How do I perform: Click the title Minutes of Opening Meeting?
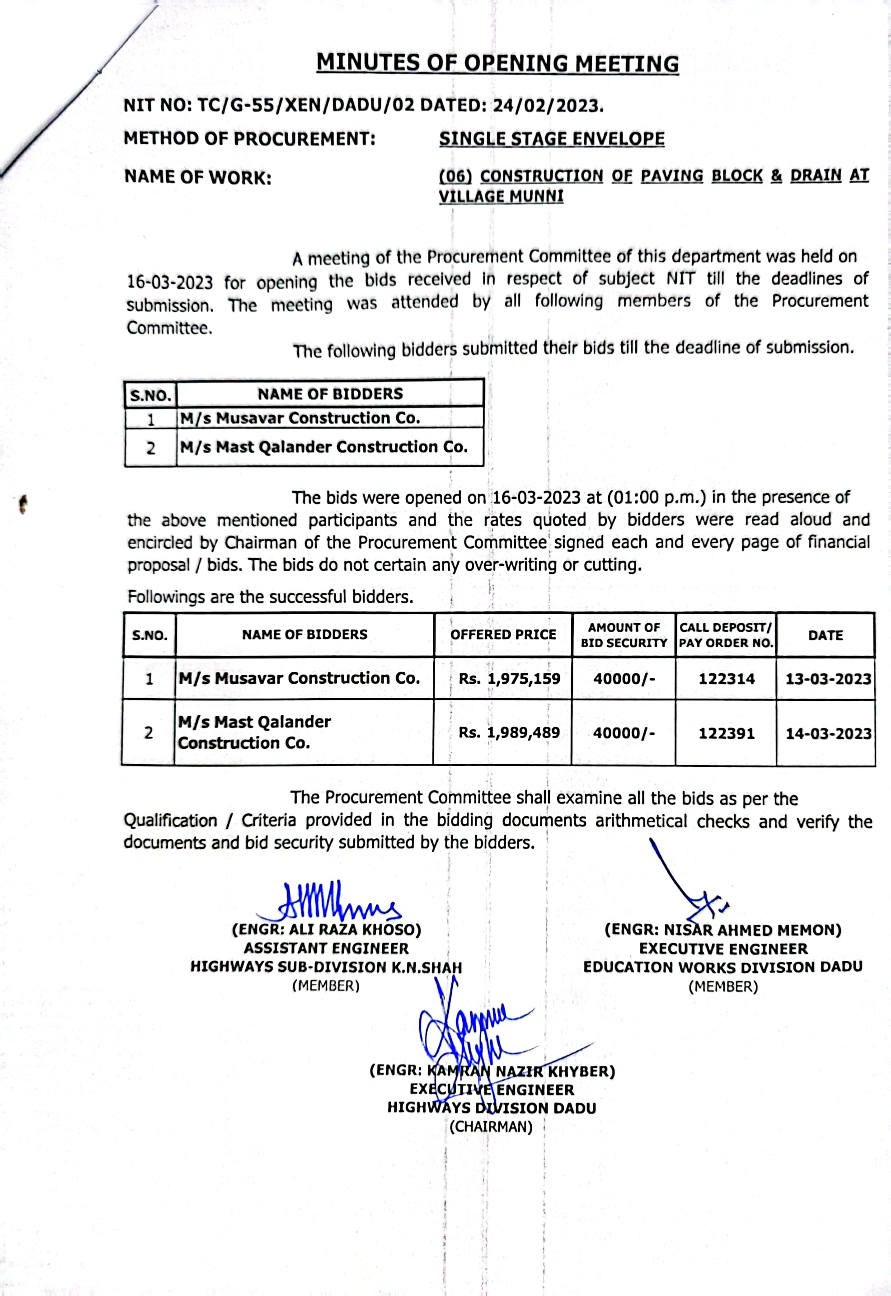tap(497, 63)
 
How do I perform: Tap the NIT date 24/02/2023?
tap(547, 106)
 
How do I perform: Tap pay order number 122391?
tap(727, 733)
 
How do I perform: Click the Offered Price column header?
tap(503, 634)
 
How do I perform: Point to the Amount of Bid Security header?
tap(624, 635)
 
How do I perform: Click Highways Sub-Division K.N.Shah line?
tap(326, 967)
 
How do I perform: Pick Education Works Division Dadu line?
tap(723, 967)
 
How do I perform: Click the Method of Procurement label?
tap(249, 138)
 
